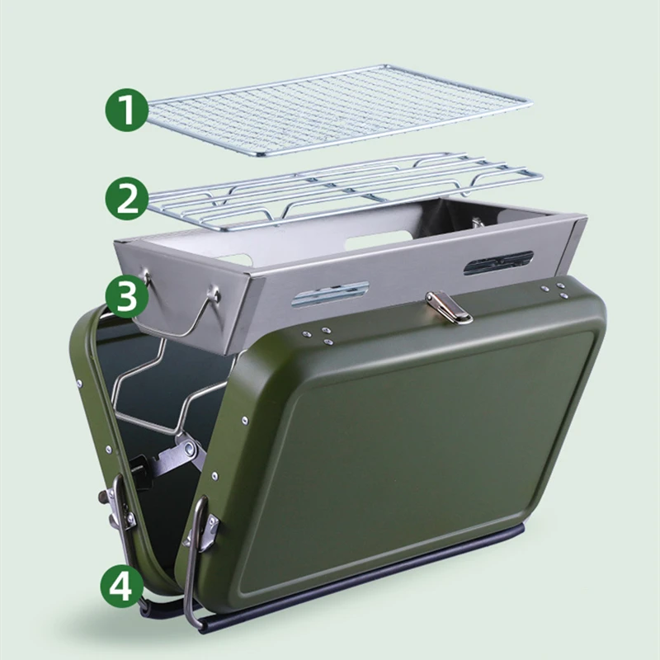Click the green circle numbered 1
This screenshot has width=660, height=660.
pos(126,111)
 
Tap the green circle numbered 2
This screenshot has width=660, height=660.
pos(126,198)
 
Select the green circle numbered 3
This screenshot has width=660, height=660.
pos(126,298)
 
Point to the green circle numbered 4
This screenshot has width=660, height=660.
pos(122,588)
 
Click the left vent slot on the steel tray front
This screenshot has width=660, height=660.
pos(329,294)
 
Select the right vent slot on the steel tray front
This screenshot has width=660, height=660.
pos(497,262)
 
